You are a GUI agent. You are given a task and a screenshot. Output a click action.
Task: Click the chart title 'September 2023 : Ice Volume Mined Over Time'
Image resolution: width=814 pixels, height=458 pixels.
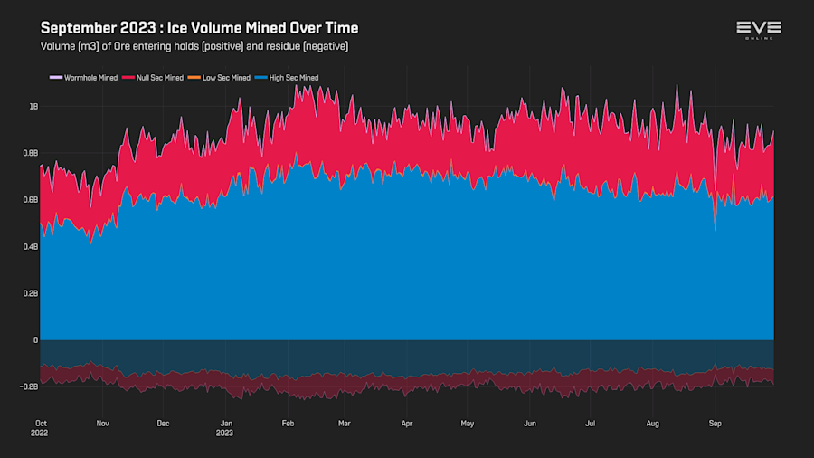click(x=199, y=28)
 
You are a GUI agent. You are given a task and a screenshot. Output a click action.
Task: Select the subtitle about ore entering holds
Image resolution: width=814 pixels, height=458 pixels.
click(x=194, y=46)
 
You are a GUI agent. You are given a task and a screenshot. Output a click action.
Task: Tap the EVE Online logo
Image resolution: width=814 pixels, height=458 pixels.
click(x=759, y=30)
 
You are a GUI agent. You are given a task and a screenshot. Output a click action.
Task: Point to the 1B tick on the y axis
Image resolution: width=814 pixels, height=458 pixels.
click(x=33, y=107)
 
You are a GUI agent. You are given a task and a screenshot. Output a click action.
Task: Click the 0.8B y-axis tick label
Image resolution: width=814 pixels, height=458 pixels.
click(x=30, y=153)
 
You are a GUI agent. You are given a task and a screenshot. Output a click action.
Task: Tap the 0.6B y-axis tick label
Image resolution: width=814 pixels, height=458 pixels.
click(x=30, y=200)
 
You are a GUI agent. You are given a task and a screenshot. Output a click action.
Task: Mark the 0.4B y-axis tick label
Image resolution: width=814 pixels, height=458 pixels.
click(x=30, y=247)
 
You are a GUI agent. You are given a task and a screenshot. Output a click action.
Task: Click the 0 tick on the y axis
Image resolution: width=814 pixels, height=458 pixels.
click(x=35, y=340)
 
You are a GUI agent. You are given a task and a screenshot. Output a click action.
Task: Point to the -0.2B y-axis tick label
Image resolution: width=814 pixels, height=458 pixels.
click(x=28, y=386)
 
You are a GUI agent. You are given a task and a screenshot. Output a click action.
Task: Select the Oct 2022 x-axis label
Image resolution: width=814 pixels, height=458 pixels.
click(x=41, y=427)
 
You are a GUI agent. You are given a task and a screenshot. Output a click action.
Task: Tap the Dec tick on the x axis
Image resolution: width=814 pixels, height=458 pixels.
click(x=163, y=423)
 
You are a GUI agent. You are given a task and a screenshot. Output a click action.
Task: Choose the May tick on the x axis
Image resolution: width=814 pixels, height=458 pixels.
click(x=467, y=423)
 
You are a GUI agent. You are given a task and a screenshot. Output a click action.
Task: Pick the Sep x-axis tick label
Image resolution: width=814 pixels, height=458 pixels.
click(x=715, y=423)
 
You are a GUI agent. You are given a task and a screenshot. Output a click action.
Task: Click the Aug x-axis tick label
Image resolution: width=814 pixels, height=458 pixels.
click(x=653, y=423)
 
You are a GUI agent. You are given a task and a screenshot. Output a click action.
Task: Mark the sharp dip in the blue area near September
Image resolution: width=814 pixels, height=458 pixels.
click(x=715, y=228)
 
